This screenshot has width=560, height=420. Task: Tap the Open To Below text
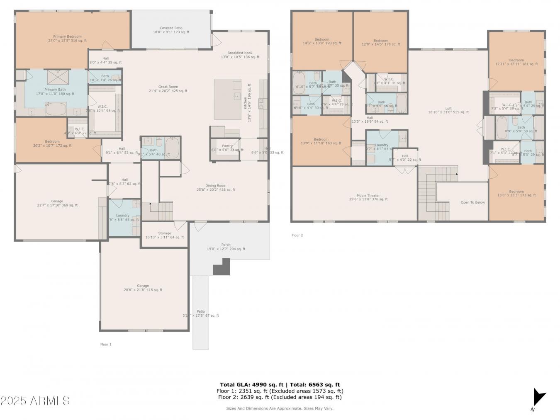point(472,202)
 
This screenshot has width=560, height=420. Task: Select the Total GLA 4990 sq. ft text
point(280,385)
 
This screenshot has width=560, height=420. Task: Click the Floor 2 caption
point(297,235)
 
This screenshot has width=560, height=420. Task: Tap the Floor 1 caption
point(106,344)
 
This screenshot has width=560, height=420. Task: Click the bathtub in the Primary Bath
point(56,109)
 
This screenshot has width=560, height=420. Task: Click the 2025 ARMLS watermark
point(35,401)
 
